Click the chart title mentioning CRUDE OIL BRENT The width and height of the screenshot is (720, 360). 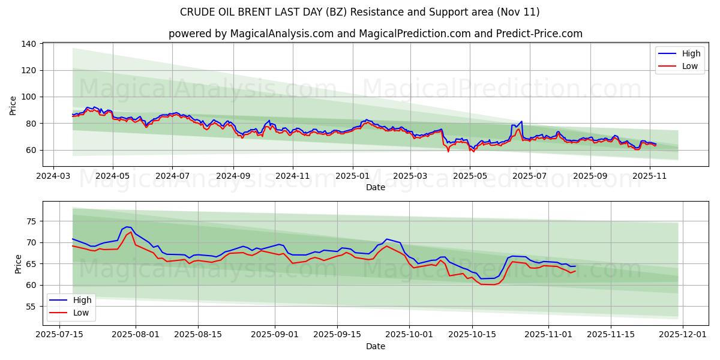click(x=359, y=12)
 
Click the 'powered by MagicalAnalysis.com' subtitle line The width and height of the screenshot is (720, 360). click(x=375, y=34)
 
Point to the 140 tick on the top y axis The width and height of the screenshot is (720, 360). click(x=29, y=44)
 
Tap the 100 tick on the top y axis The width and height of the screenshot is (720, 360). click(x=29, y=97)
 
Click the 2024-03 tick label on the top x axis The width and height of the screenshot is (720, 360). click(x=54, y=176)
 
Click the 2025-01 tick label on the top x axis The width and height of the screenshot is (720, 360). click(x=352, y=176)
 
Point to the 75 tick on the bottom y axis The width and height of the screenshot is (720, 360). click(x=31, y=221)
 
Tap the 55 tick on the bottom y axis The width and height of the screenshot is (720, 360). click(x=31, y=307)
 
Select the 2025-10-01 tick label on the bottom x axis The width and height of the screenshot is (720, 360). click(x=409, y=335)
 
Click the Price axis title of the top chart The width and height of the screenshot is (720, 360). click(x=13, y=105)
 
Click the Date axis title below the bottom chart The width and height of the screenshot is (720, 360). click(x=375, y=346)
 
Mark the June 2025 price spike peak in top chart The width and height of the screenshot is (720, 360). click(x=521, y=122)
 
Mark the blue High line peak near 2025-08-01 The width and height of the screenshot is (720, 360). click(x=127, y=227)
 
